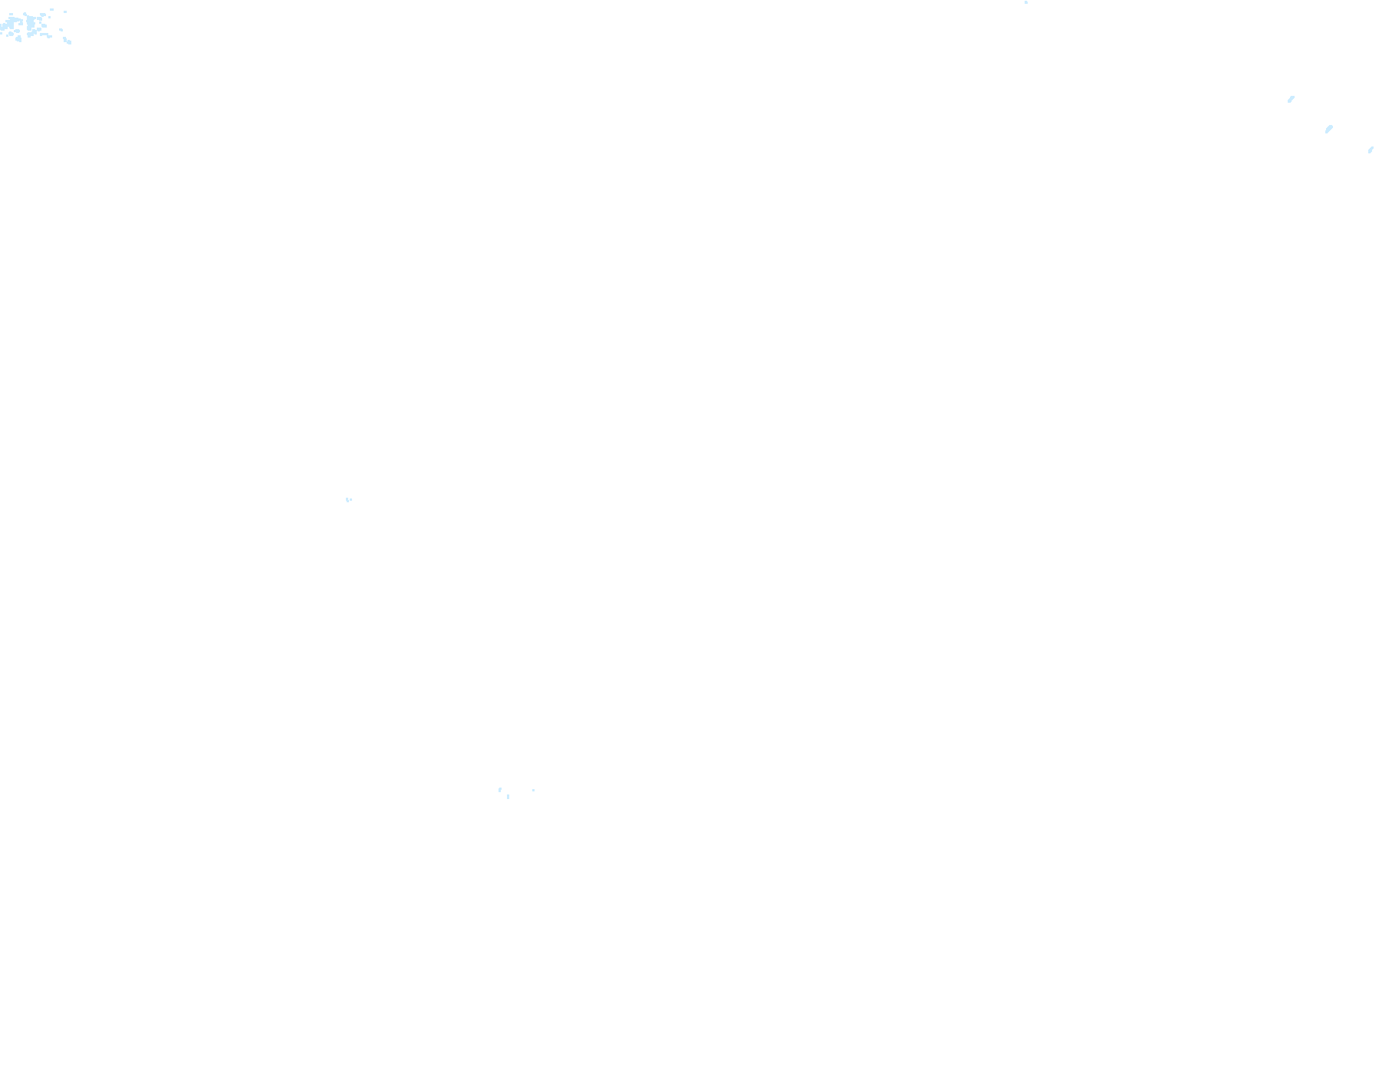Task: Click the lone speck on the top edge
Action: [x=1026, y=2]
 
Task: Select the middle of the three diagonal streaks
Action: [x=1329, y=129]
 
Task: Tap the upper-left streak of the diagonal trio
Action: [x=1291, y=99]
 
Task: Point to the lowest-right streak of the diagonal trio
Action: [x=1371, y=150]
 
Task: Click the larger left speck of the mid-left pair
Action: [x=347, y=499]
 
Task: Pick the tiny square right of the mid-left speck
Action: [x=351, y=500]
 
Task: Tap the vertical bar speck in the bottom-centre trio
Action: [x=508, y=797]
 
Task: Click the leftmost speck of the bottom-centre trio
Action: [x=500, y=789]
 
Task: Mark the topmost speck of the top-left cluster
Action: [x=51, y=9]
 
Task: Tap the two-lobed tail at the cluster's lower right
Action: [x=67, y=41]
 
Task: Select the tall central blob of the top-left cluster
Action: [x=31, y=22]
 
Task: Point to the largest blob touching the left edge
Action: [x=11, y=23]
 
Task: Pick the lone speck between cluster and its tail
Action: [x=61, y=30]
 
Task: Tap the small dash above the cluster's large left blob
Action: [x=11, y=14]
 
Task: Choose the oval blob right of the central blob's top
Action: [x=43, y=15]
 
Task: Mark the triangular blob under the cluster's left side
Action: [x=18, y=39]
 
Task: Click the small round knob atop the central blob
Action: [x=25, y=14]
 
